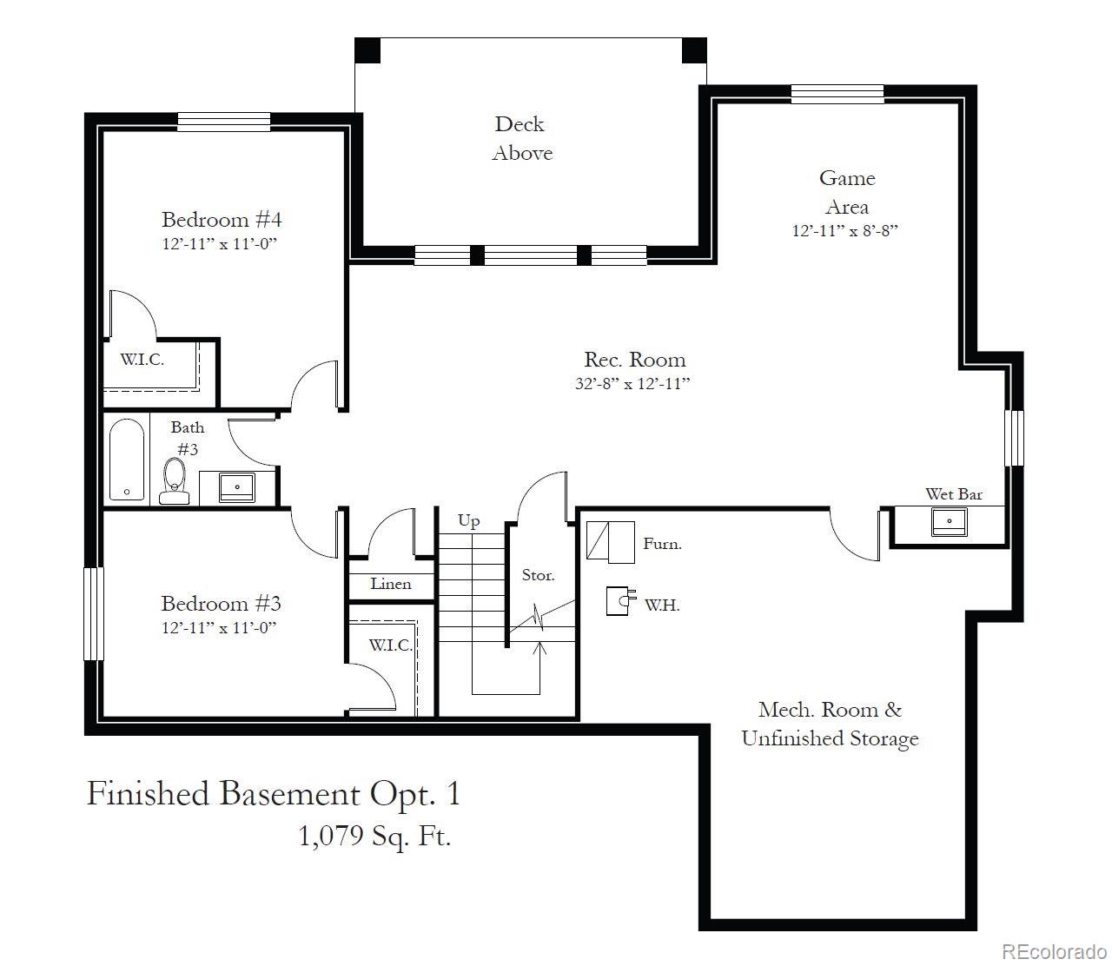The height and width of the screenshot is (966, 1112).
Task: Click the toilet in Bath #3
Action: click(175, 480)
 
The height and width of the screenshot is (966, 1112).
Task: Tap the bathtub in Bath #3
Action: click(127, 460)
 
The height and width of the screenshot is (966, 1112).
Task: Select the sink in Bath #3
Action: click(235, 487)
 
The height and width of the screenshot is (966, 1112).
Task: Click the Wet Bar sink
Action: click(949, 522)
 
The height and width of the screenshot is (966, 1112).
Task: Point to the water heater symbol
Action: click(619, 601)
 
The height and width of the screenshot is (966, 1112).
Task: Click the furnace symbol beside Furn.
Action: click(610, 542)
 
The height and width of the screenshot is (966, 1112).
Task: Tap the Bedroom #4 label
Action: click(222, 219)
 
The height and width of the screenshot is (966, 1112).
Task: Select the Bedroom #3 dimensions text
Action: click(219, 627)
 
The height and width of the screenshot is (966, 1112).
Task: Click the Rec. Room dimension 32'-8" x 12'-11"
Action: click(632, 383)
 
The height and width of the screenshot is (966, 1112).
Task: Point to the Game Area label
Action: click(847, 192)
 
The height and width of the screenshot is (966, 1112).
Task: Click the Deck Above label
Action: click(521, 138)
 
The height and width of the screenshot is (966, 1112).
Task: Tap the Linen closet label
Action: click(390, 584)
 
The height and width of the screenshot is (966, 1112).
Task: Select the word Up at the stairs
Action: click(468, 520)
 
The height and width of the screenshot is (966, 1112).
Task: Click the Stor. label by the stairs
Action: click(538, 575)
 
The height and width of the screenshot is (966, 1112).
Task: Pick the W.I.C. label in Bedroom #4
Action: click(142, 359)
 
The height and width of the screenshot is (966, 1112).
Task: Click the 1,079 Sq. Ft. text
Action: click(374, 836)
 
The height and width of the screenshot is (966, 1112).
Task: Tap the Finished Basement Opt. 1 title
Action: click(274, 793)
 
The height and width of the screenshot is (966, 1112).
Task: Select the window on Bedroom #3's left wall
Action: click(93, 613)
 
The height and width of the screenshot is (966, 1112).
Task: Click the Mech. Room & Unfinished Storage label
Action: click(830, 724)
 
